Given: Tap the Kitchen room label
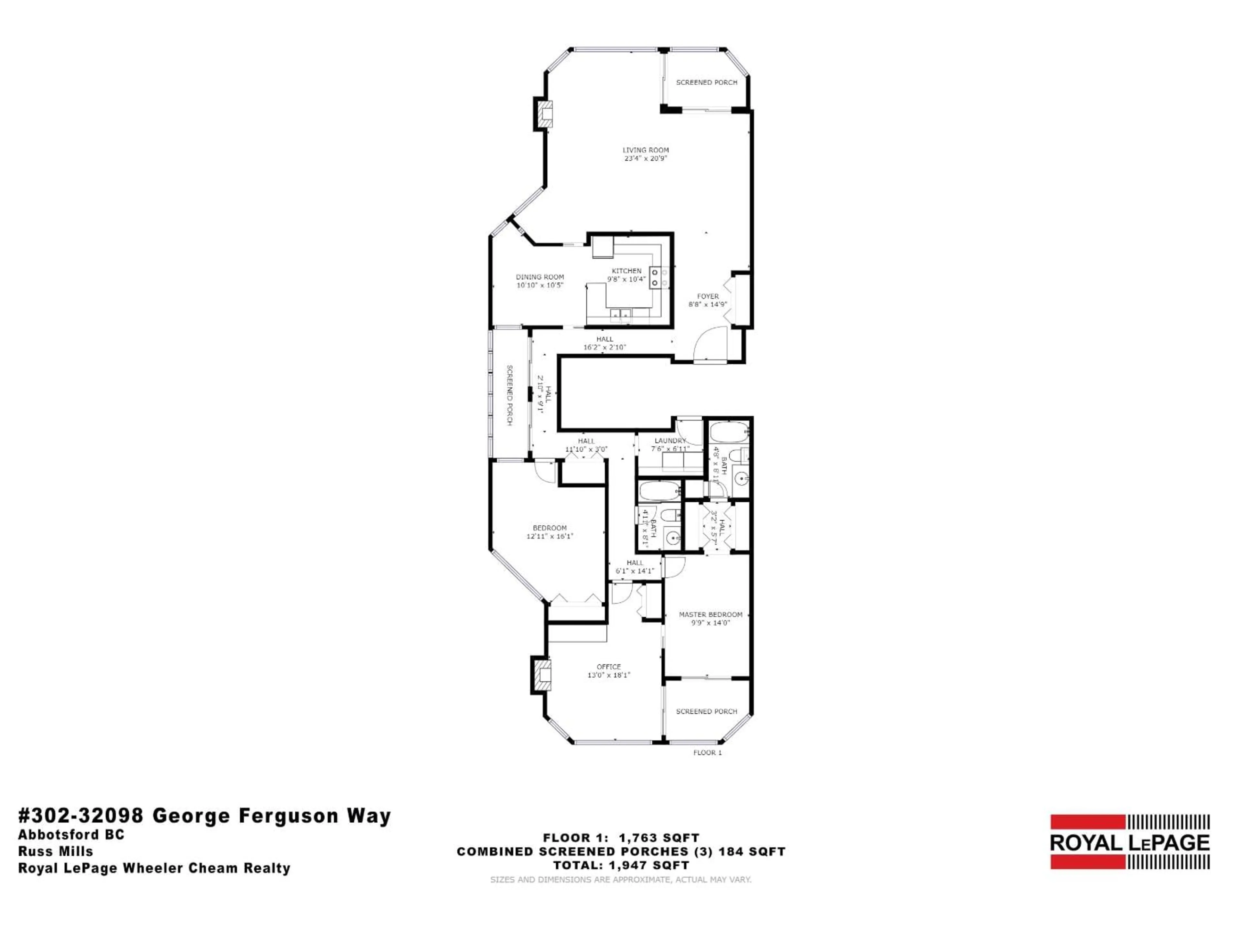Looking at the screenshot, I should [x=626, y=274].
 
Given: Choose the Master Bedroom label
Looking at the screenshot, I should [x=710, y=618].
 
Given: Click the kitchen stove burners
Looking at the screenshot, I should [x=655, y=278].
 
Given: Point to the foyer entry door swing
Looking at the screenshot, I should [x=710, y=343].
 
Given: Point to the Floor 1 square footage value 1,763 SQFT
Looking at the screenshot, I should [x=659, y=838].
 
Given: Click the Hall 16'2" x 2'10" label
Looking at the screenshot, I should [x=605, y=343].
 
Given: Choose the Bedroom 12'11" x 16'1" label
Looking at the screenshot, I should [x=550, y=531].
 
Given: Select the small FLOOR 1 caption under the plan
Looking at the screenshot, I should [x=707, y=753].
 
